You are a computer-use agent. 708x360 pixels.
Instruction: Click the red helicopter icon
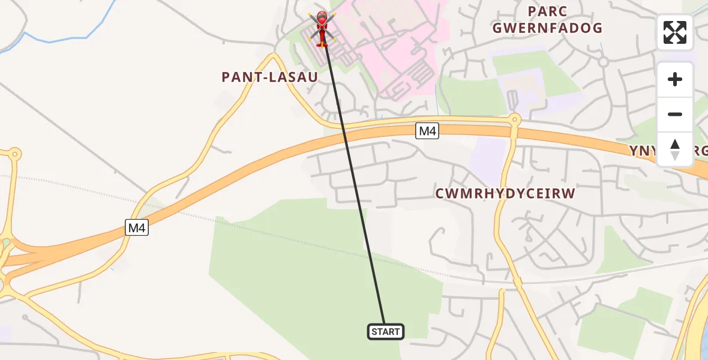(x=322, y=28)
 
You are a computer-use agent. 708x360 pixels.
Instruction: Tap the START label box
(x=385, y=331)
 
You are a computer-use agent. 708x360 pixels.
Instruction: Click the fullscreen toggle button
(x=674, y=32)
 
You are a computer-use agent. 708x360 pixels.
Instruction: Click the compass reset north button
(x=674, y=149)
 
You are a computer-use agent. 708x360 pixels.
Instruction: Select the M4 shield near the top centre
(x=427, y=131)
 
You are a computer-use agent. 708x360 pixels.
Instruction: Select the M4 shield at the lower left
(x=137, y=227)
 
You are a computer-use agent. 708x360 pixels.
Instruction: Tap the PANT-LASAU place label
(x=269, y=77)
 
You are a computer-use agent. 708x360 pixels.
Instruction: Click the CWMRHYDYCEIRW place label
(x=505, y=193)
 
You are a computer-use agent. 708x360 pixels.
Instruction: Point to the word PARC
(x=547, y=11)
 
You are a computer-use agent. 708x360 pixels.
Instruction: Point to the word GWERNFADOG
(x=547, y=28)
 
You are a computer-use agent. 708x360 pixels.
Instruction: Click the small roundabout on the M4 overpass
(x=514, y=119)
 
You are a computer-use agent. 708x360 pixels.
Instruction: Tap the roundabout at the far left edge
(x=14, y=155)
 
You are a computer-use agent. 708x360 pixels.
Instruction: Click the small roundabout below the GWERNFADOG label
(x=604, y=61)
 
